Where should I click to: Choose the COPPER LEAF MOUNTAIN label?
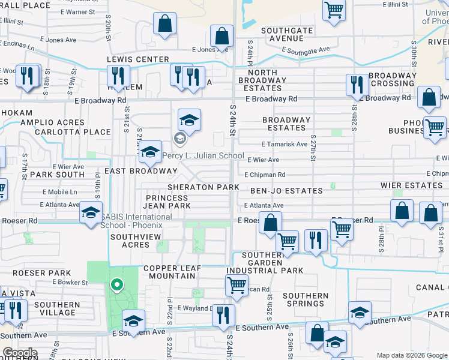pos(169,271)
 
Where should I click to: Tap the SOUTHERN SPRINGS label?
pos(306,299)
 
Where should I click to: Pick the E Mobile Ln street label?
pos(60,192)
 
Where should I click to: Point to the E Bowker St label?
pos(70,282)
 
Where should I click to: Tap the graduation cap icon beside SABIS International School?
pos(91,213)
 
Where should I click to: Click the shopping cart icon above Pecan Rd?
pos(237,286)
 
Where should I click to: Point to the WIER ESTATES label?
pos(412,185)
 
